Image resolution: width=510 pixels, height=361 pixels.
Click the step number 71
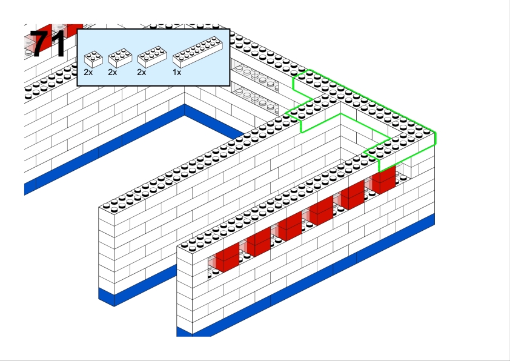(x=48, y=44)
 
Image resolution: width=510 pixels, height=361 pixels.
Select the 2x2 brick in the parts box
(x=93, y=59)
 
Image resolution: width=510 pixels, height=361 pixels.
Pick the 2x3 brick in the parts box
(x=120, y=58)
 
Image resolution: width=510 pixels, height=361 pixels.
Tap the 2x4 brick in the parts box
(x=152, y=57)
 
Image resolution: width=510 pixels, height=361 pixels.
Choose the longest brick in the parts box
(x=197, y=51)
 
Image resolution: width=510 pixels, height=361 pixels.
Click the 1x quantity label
(x=177, y=72)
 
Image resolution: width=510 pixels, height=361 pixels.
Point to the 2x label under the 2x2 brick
(x=88, y=72)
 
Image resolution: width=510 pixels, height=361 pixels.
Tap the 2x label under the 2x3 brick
(x=112, y=72)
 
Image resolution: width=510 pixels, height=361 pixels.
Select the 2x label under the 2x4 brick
(x=142, y=72)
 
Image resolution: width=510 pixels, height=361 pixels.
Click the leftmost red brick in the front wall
(x=227, y=257)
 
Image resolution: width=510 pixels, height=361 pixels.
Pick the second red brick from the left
(x=259, y=242)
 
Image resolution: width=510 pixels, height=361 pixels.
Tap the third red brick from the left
(x=290, y=226)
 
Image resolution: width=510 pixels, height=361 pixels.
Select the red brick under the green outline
(x=384, y=179)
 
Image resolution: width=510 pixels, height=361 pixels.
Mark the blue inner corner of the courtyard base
(x=184, y=110)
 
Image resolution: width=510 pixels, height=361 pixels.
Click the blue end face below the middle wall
(x=107, y=297)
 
